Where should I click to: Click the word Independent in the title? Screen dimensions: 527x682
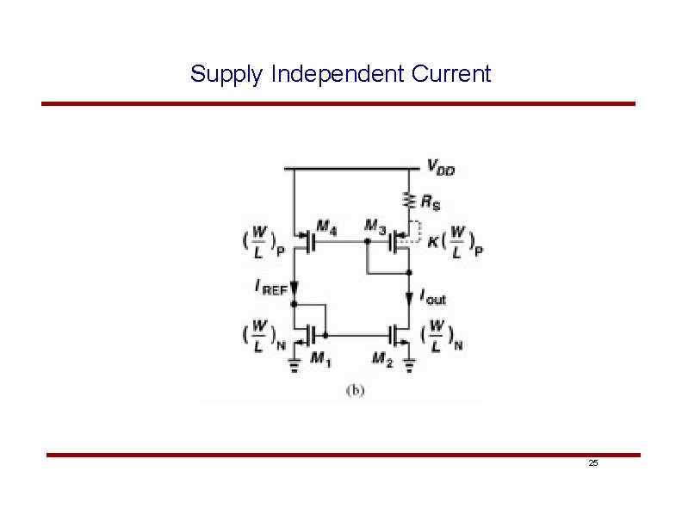click(x=337, y=74)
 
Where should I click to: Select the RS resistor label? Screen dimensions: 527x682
click(x=430, y=203)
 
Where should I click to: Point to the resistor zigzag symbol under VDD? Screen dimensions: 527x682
click(x=409, y=201)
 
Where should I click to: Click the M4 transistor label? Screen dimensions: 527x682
click(x=326, y=226)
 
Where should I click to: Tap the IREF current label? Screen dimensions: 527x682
click(x=271, y=288)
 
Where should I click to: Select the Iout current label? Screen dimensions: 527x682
click(x=432, y=298)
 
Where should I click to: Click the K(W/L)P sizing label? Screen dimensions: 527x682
click(x=456, y=241)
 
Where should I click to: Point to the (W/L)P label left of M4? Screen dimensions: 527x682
click(x=258, y=242)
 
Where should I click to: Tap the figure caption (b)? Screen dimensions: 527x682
click(x=355, y=390)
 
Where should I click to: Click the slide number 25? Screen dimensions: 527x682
click(x=592, y=463)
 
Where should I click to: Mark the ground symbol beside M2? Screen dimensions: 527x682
click(x=409, y=365)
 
